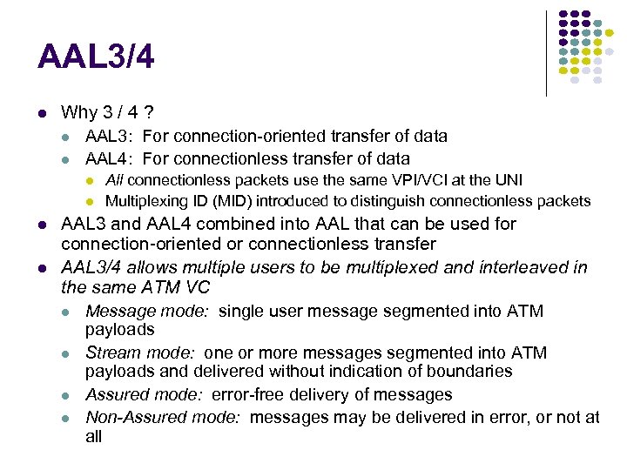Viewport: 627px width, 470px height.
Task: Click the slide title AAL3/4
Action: tap(96, 58)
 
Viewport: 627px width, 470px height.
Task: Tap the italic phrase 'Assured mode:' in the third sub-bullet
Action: tap(144, 394)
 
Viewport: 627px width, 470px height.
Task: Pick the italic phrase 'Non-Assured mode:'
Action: tap(162, 417)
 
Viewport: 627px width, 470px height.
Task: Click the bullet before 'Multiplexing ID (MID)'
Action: tap(90, 202)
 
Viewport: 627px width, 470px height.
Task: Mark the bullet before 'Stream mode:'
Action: tap(66, 353)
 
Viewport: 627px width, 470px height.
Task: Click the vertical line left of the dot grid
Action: tap(546, 52)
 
